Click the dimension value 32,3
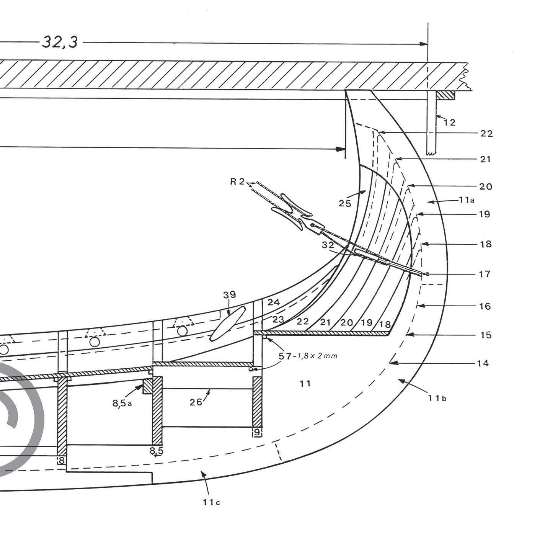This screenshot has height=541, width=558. point(60,42)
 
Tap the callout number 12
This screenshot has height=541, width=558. point(450,123)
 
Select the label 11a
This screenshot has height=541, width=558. point(467,199)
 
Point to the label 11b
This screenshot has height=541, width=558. point(437,398)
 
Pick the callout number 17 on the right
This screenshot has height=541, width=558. point(485,274)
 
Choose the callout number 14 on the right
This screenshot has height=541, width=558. point(483,363)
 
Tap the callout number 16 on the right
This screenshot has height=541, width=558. point(485,306)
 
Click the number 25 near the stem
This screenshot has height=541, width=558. point(345,203)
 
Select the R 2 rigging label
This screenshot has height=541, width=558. point(237,181)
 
